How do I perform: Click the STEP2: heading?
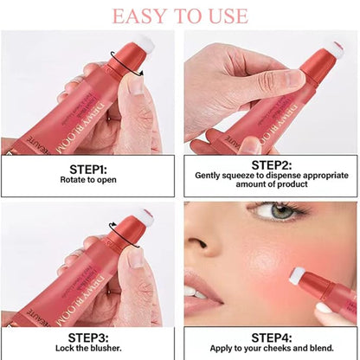[x=270, y=164]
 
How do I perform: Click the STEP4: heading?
[x=270, y=337]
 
